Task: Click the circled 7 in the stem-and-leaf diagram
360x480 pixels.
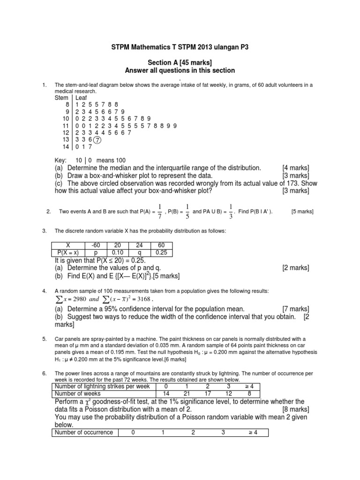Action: coord(97,140)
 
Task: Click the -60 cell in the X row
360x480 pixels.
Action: coord(95,245)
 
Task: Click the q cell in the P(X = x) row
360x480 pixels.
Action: coord(139,252)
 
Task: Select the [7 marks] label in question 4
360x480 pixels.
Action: coord(295,309)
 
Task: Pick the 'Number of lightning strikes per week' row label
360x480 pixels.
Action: coord(102,386)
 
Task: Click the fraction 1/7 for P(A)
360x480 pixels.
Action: coord(160,211)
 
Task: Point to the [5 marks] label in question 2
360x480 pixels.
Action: coord(302,211)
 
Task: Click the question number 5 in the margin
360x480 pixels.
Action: coord(44,339)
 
